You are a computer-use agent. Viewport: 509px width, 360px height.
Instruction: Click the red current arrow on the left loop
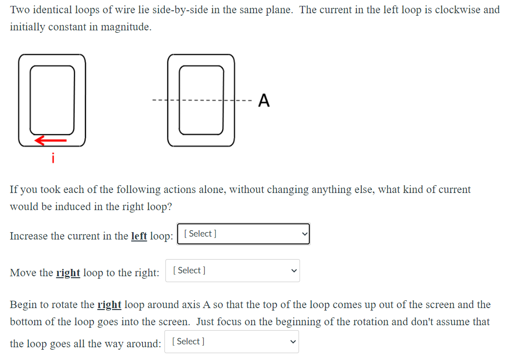tap(50, 141)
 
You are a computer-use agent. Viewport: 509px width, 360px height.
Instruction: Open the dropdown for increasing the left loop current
tap(245, 234)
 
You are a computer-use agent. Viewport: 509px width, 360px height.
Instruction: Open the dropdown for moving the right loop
tap(232, 270)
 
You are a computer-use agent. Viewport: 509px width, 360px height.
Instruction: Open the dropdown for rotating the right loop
tap(232, 341)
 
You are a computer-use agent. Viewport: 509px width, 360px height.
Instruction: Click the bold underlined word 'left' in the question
tap(139, 236)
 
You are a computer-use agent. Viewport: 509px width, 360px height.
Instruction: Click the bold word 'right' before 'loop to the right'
tap(68, 273)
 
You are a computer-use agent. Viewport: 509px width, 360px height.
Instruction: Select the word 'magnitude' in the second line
tap(126, 27)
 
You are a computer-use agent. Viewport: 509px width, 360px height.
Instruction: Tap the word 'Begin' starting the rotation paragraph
tap(23, 305)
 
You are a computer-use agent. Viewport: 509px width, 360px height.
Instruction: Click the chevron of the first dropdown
tap(304, 234)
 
